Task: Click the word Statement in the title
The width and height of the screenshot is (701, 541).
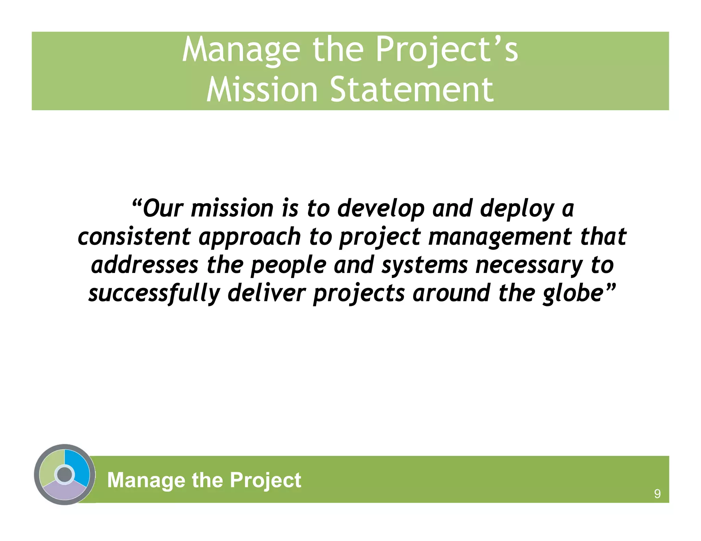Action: [412, 90]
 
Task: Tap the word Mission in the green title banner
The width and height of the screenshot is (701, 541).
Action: [262, 90]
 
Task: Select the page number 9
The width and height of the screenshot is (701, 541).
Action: [657, 494]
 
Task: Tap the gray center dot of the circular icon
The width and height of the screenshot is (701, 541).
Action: [65, 474]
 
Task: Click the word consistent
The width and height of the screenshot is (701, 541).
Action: [134, 237]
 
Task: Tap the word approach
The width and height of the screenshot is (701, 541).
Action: [250, 237]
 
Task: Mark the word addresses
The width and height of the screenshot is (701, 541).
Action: [144, 265]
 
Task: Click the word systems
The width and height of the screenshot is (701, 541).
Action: [424, 266]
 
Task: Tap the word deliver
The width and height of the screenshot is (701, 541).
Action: [266, 293]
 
